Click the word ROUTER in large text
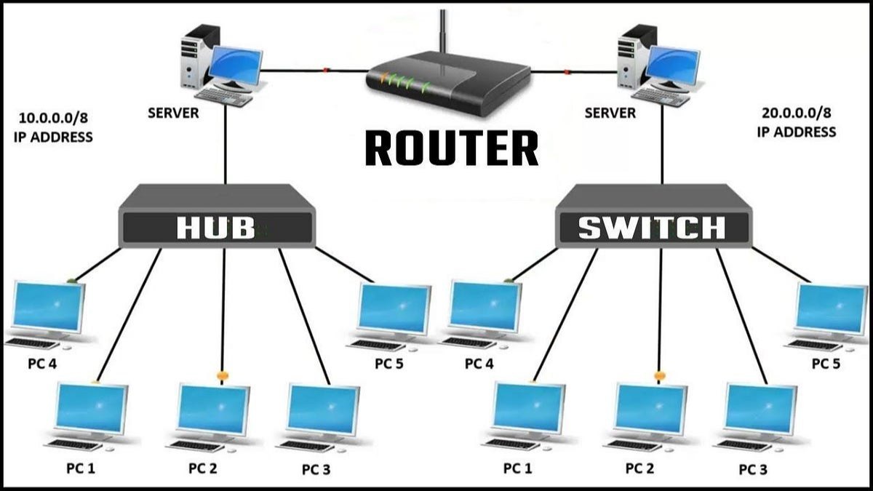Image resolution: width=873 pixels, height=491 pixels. (451, 148)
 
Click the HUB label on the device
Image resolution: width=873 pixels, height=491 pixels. (216, 228)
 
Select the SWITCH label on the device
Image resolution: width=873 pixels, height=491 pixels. (652, 228)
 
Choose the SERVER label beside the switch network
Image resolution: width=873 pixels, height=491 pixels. (610, 113)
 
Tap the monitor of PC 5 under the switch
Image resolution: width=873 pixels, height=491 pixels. (830, 308)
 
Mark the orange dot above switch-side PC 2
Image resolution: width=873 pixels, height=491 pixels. (660, 376)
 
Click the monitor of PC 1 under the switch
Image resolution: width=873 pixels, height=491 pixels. (528, 408)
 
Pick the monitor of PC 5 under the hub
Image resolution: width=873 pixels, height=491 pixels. (394, 308)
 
